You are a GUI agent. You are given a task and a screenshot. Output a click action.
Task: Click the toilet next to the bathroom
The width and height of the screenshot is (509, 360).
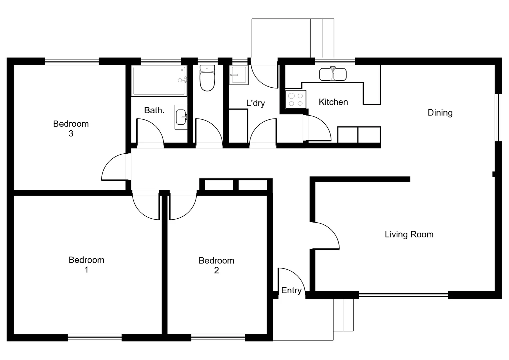(x=207, y=78)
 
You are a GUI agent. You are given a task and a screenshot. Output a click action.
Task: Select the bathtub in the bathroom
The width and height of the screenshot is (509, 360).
(x=159, y=81)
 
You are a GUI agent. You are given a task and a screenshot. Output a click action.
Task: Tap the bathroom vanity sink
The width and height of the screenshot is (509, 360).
(x=181, y=117)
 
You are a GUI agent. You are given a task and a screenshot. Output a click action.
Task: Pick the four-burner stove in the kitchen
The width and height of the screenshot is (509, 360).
(x=295, y=99)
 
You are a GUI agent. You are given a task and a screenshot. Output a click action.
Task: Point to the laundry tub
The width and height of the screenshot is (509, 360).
(x=239, y=75)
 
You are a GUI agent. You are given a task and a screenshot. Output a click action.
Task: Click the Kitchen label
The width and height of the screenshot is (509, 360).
(x=333, y=102)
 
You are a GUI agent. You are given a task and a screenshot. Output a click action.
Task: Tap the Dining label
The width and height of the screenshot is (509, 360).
(x=440, y=113)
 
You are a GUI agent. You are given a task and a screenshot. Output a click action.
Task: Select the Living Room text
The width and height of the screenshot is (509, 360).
(x=409, y=234)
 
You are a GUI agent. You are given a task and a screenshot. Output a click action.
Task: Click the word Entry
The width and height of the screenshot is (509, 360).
(x=291, y=290)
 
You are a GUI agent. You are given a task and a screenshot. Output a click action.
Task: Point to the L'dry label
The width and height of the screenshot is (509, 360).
(x=255, y=103)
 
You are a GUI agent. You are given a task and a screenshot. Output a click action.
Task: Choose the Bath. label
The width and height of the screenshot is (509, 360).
(x=154, y=110)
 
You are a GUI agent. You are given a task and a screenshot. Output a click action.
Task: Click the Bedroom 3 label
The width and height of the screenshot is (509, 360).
(x=71, y=128)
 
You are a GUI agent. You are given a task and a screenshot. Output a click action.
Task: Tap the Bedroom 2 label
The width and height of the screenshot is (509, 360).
(x=216, y=265)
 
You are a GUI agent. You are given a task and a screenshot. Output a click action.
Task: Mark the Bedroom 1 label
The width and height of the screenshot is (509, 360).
(x=86, y=264)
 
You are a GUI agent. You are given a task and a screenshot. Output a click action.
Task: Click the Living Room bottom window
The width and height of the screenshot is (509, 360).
(x=403, y=295)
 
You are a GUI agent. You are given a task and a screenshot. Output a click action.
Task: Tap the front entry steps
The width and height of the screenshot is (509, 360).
(x=343, y=315)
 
